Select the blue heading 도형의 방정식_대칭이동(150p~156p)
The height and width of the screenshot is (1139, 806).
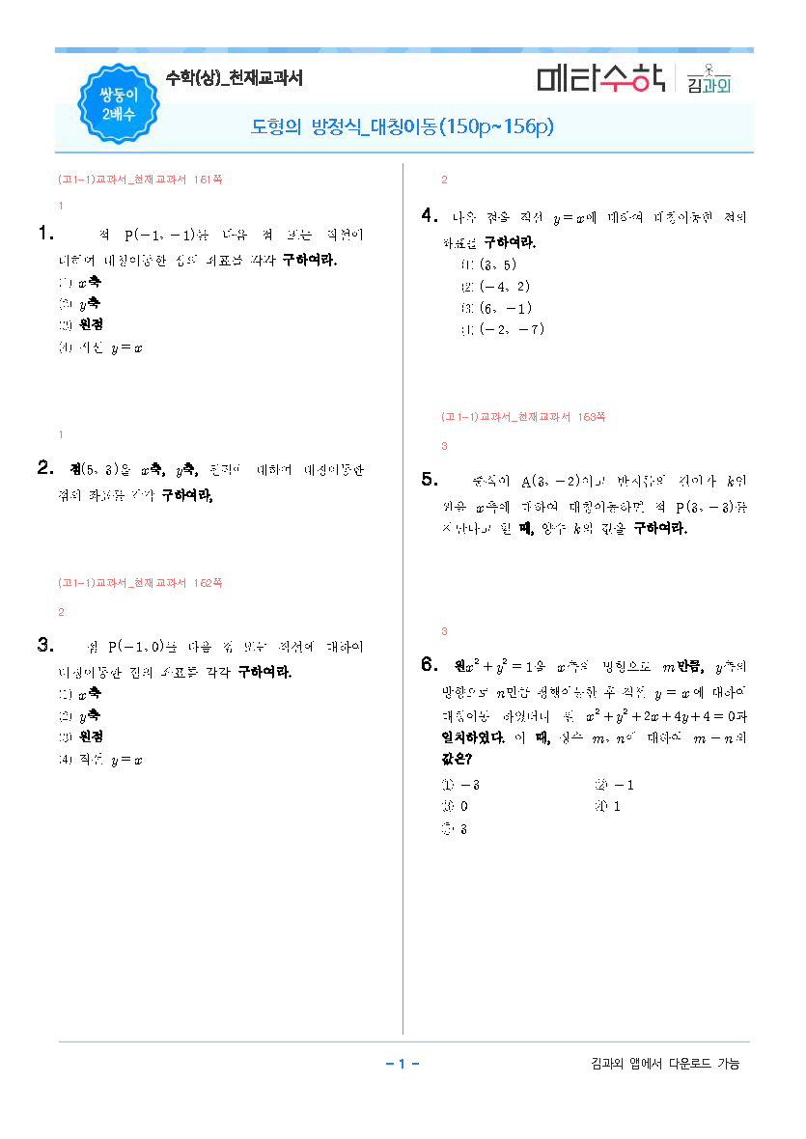[x=402, y=127]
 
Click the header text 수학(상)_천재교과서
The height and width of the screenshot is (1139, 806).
[x=235, y=79]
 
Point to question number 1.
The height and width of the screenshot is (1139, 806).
[x=44, y=233]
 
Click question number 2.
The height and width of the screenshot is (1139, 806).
[x=44, y=469]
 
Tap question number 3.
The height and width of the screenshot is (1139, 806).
[x=44, y=645]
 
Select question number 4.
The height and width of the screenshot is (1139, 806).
[x=431, y=216]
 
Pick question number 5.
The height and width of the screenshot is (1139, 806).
[x=431, y=480]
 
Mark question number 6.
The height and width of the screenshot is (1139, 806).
[x=431, y=665]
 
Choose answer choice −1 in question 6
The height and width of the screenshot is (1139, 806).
[x=621, y=785]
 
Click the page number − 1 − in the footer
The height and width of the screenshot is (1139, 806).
[x=402, y=1064]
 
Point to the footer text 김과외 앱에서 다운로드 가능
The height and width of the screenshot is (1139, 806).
[x=665, y=1064]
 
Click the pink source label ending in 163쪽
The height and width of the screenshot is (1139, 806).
[x=523, y=417]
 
